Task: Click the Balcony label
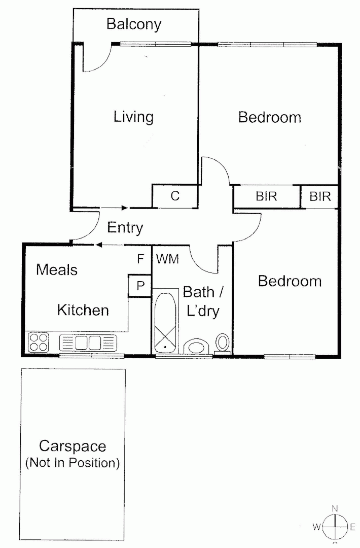(x=134, y=24)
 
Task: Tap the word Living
(x=133, y=117)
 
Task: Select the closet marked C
(x=175, y=196)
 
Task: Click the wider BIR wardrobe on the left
(x=266, y=196)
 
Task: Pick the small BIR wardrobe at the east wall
(x=319, y=196)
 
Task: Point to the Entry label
(x=125, y=228)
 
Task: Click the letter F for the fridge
(x=141, y=259)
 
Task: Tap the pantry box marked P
(x=140, y=286)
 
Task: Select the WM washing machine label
(x=167, y=259)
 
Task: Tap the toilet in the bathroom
(x=223, y=343)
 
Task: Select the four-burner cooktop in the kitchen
(x=39, y=342)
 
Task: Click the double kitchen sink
(x=88, y=342)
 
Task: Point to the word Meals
(x=57, y=269)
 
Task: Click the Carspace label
(x=73, y=446)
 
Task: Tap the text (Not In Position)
(x=73, y=463)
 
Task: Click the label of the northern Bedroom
(x=270, y=117)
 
